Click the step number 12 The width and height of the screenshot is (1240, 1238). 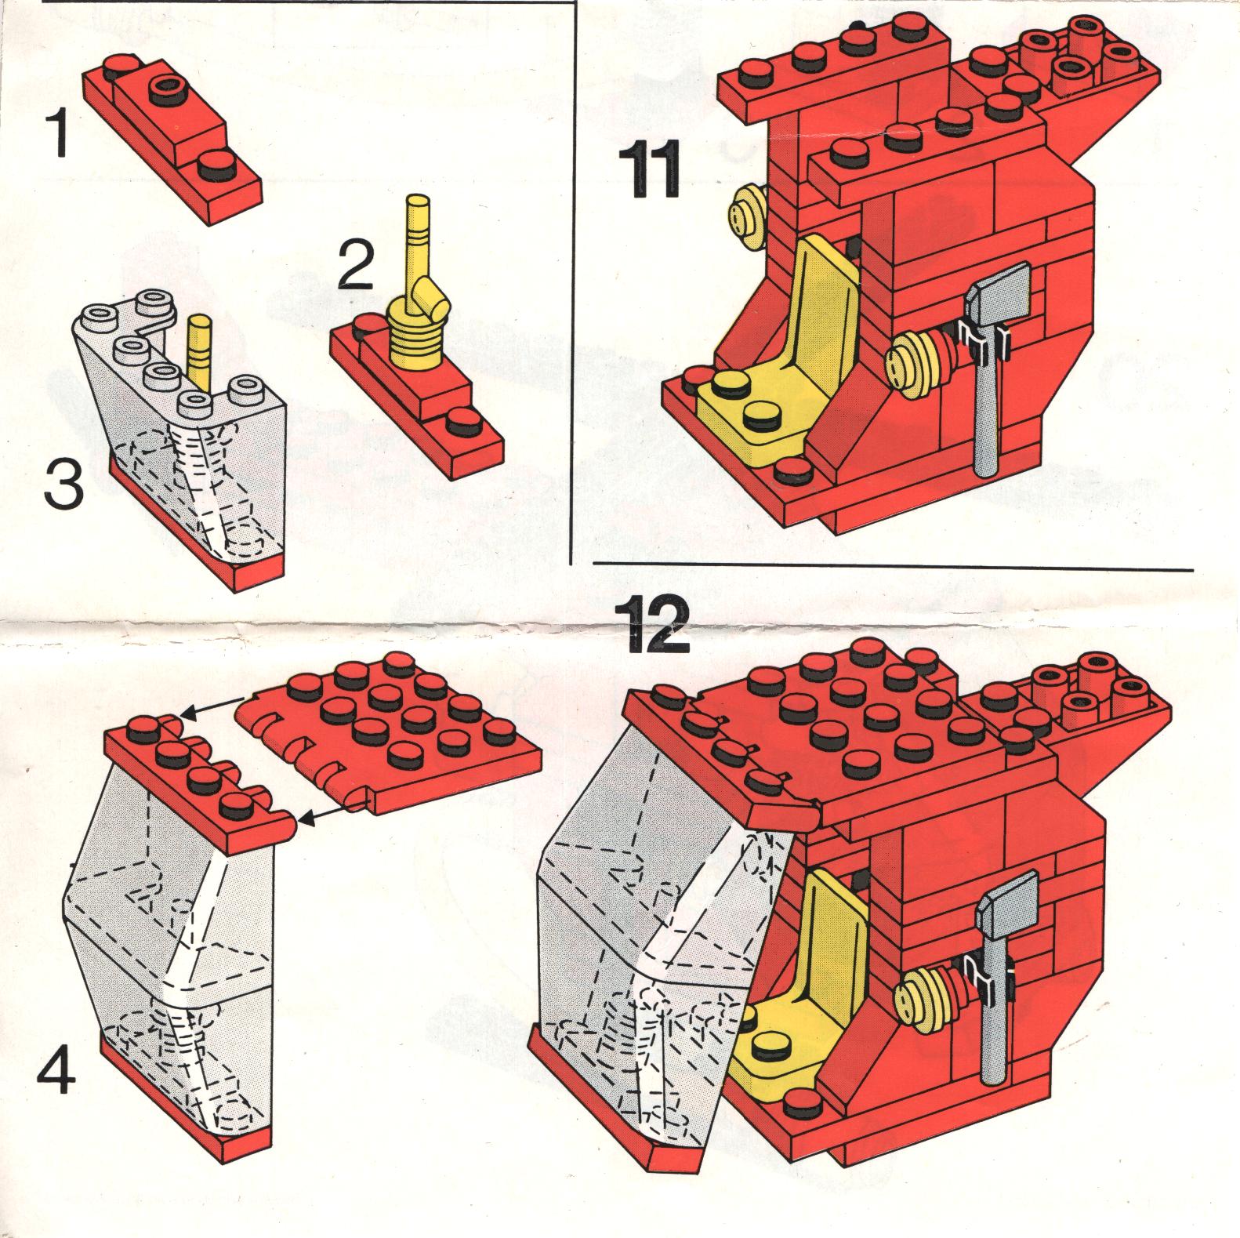656,623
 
